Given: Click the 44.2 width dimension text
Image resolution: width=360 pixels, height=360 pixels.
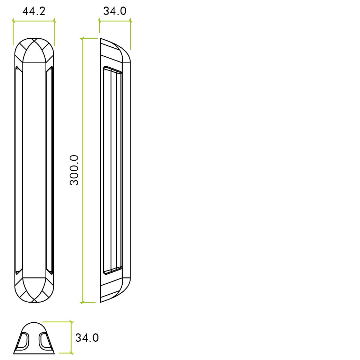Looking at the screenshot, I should (34, 11).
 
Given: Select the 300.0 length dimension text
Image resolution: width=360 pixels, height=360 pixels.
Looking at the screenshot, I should (74, 170).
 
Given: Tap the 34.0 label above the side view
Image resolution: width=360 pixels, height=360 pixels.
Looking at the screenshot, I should (115, 11).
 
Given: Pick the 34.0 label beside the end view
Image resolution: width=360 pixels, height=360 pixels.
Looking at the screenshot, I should (87, 338).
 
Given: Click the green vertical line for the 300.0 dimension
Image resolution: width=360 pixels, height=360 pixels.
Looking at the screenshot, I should (83, 170).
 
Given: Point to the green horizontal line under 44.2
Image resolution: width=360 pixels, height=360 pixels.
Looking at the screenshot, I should (34, 21).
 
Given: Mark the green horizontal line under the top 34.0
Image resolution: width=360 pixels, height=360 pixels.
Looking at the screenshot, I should (115, 21).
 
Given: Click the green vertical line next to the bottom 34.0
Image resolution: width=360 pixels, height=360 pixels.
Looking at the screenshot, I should (72, 338).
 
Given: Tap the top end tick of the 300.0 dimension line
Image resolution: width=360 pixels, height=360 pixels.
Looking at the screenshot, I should (83, 38).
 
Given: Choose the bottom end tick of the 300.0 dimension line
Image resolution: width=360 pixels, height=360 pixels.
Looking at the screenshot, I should (83, 302).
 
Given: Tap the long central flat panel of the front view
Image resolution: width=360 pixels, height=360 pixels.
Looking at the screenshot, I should (34, 170).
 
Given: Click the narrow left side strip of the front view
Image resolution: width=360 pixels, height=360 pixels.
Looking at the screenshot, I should (19, 170).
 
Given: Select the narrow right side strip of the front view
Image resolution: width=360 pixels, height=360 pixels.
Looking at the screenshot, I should (50, 170).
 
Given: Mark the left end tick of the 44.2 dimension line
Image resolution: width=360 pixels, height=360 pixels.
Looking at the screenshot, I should (13, 21).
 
